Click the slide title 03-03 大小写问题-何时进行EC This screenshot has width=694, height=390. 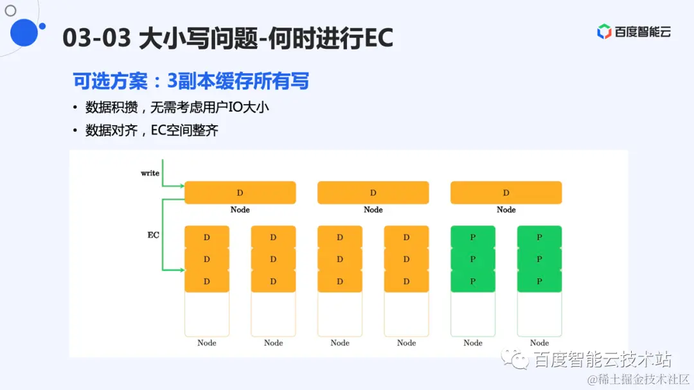click(x=227, y=39)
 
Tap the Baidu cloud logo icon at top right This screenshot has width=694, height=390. click(x=604, y=31)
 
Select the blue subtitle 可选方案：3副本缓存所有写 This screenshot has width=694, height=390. click(x=191, y=81)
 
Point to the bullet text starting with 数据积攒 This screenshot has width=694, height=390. click(x=177, y=107)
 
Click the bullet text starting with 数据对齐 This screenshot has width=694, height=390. click(x=152, y=130)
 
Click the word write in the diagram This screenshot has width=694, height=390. click(x=150, y=173)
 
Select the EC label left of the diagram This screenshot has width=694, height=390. click(x=154, y=235)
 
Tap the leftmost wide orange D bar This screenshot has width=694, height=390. click(x=240, y=193)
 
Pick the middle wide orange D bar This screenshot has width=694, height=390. click(x=373, y=193)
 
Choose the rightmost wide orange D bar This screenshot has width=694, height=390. click(x=506, y=193)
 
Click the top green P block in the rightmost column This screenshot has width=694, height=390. click(x=539, y=237)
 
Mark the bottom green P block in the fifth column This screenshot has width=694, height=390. click(x=473, y=281)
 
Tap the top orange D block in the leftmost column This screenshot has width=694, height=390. click(x=207, y=237)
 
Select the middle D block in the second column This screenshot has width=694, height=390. click(x=273, y=260)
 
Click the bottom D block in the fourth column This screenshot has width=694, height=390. click(x=406, y=281)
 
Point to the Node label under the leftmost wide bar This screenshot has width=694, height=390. click(x=240, y=210)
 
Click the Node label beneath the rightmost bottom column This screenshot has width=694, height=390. click(x=539, y=343)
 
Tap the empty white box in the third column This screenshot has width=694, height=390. click(x=340, y=314)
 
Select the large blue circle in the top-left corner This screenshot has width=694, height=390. click(x=24, y=32)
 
